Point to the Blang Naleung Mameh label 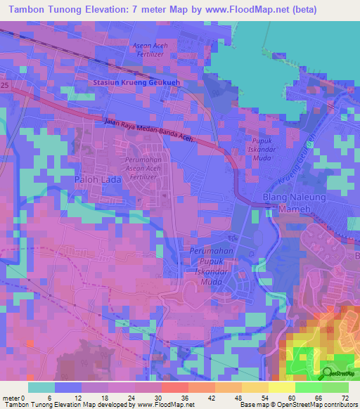(x=294, y=203)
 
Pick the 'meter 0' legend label (x=13, y=397)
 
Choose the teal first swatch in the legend (x=41, y=387)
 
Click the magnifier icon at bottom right (x=329, y=374)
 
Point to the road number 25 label (x=6, y=85)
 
